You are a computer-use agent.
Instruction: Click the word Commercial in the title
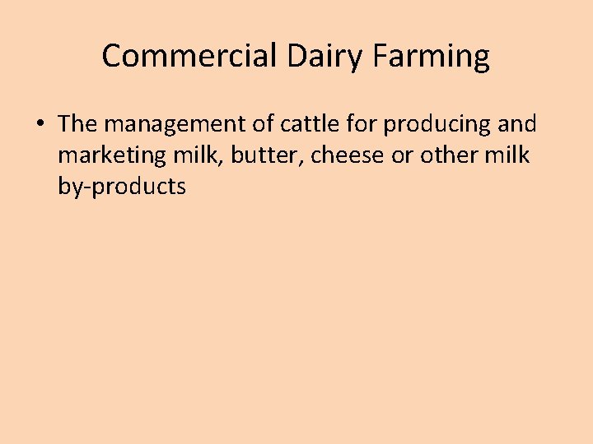coord(189,57)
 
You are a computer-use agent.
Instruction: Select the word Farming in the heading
coord(432,57)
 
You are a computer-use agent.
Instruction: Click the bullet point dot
coord(39,125)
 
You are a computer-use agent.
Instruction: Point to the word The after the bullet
coord(78,124)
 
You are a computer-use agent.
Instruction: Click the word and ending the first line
coord(516,124)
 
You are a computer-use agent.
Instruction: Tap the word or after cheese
coord(401,155)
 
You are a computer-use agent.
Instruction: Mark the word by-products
coord(122,187)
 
